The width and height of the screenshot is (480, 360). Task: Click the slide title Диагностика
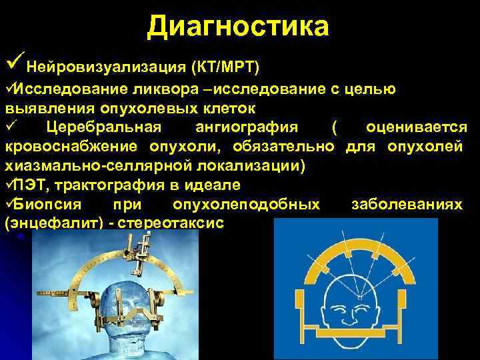tap(239, 27)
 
